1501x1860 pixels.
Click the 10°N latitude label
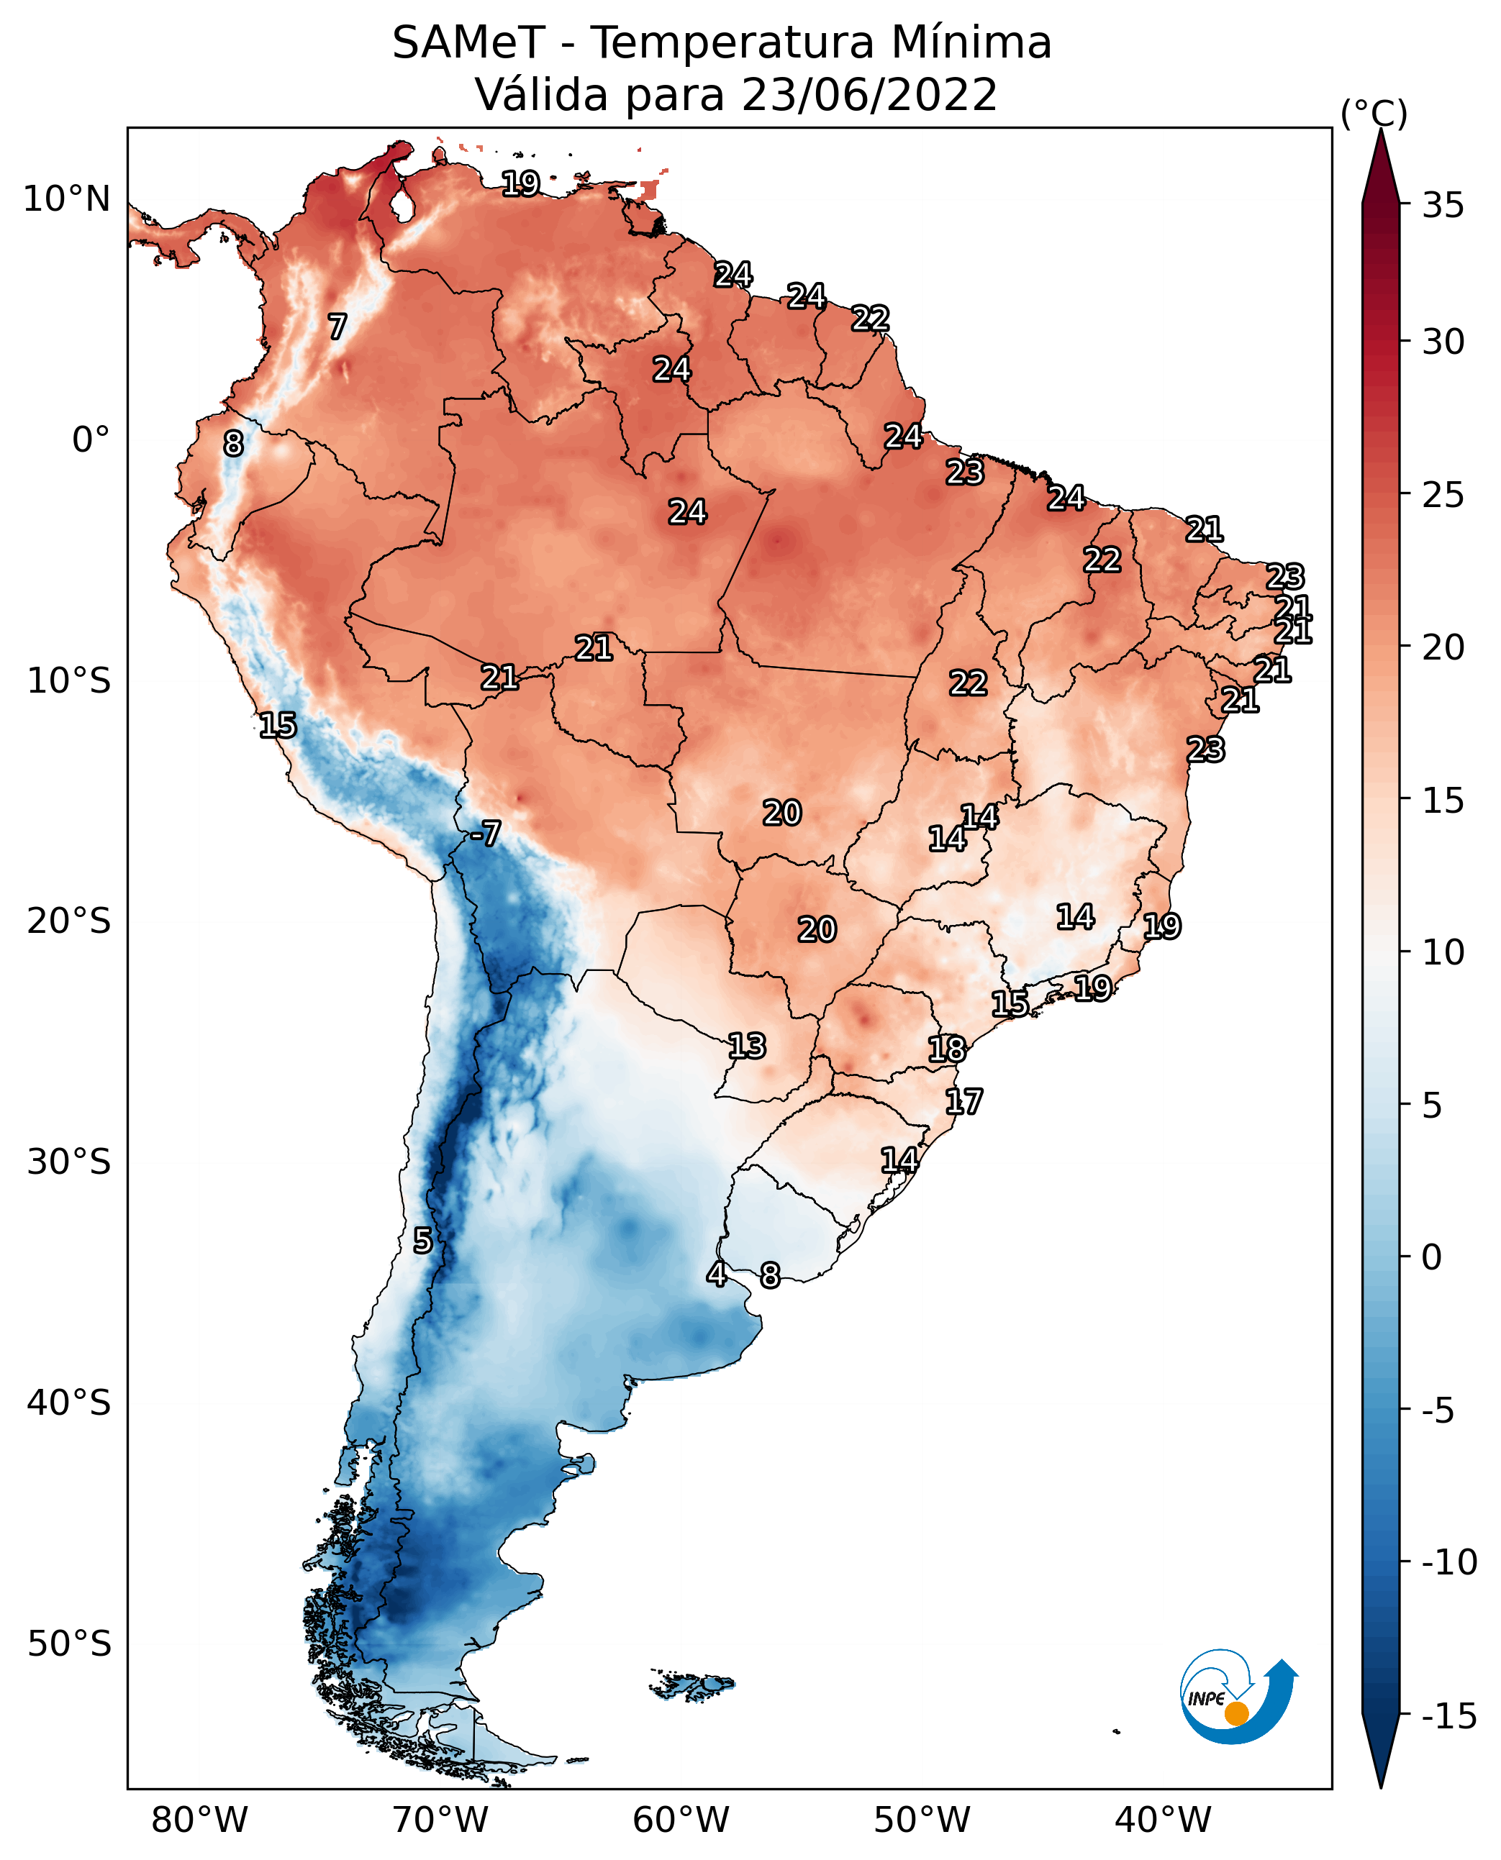[67, 200]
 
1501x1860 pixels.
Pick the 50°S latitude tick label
[69, 1643]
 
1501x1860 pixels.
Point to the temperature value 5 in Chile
[422, 1240]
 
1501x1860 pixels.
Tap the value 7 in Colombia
[337, 327]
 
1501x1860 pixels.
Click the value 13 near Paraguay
[746, 1046]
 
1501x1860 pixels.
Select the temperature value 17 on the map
[963, 1101]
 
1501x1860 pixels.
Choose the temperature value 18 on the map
[947, 1049]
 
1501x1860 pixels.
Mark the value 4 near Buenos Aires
[716, 1273]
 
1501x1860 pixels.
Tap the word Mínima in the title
[970, 43]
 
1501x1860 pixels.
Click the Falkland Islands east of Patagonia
[692, 1685]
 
